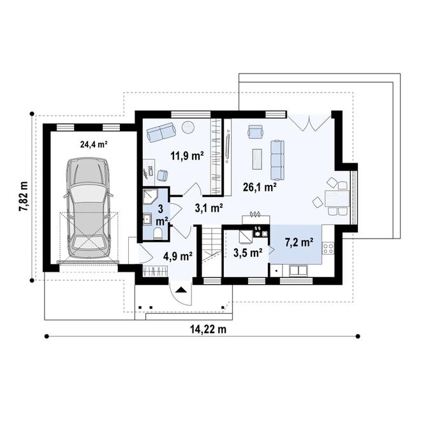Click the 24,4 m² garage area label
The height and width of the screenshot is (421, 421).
(93, 144)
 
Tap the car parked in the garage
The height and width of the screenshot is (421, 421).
(89, 204)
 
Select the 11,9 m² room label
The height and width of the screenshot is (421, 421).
(187, 155)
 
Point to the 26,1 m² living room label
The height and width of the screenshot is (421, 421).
(259, 188)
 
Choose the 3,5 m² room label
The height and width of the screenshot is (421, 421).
(248, 253)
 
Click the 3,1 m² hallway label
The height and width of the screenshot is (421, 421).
(209, 207)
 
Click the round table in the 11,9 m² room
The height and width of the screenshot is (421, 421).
(189, 127)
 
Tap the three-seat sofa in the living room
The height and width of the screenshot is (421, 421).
(277, 159)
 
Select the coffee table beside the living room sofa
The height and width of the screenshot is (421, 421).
(257, 158)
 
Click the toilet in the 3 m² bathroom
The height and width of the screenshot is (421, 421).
(158, 233)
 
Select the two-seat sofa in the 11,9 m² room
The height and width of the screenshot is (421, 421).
(161, 132)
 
